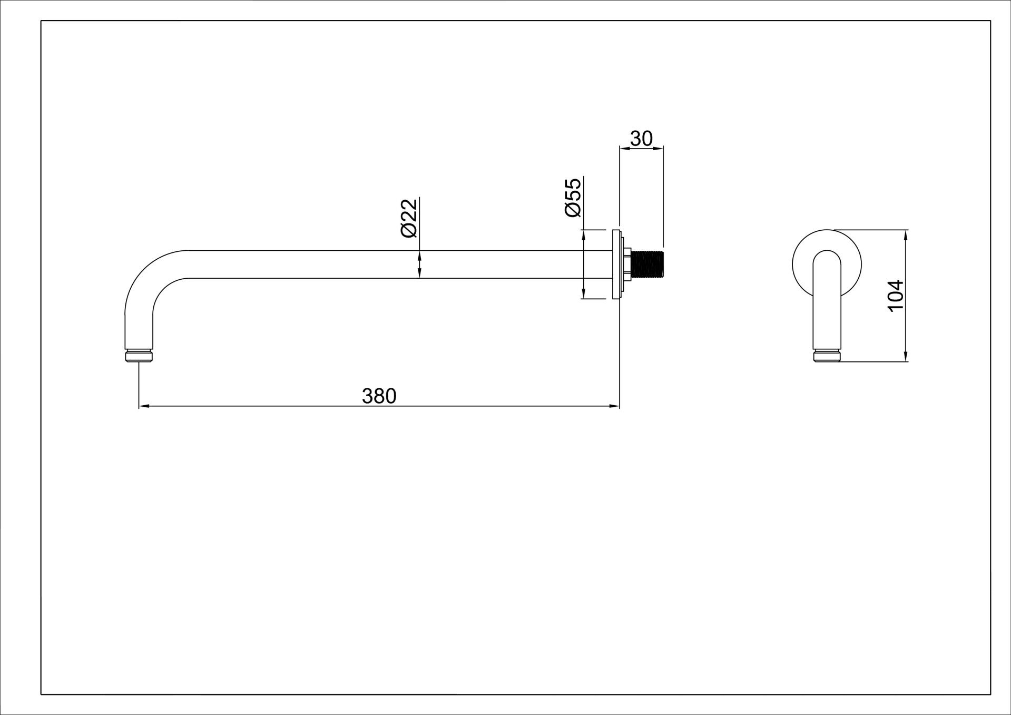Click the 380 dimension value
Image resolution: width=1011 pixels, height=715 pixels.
(379, 396)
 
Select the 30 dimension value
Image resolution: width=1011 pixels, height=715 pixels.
(641, 139)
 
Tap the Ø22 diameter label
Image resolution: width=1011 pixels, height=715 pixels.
(409, 218)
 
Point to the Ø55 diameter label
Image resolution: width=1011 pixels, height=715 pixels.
(573, 198)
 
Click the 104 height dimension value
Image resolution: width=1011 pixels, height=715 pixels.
(896, 296)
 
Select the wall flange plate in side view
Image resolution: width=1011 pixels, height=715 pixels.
(616, 265)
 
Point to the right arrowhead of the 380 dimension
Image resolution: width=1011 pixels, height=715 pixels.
(614, 406)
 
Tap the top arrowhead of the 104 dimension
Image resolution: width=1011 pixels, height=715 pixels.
(906, 236)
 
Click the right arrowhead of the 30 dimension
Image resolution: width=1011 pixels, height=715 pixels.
(657, 149)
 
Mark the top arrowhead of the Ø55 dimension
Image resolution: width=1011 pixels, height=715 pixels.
(584, 236)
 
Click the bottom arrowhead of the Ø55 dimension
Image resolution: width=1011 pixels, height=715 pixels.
(584, 293)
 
